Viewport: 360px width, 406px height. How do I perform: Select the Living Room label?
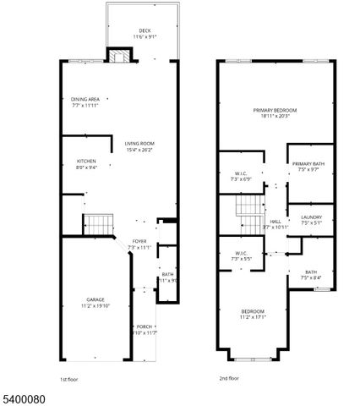click(139, 147)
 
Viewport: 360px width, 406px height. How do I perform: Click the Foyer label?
click(139, 244)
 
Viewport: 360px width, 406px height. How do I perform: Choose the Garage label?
click(95, 303)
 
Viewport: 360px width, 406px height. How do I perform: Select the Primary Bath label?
click(308, 167)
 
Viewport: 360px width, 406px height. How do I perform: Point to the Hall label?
click(275, 224)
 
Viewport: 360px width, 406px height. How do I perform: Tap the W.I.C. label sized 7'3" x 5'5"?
click(241, 257)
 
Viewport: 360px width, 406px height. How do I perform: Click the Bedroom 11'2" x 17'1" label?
click(253, 315)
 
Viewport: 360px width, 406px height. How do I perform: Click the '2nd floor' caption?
click(229, 380)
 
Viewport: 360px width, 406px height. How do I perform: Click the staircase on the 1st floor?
click(98, 225)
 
